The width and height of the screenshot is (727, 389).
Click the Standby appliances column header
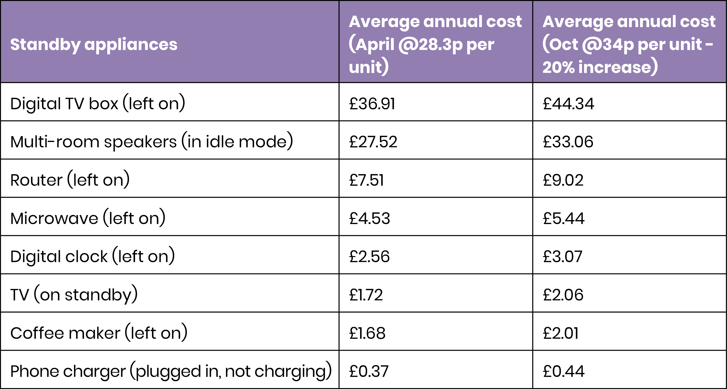(94, 45)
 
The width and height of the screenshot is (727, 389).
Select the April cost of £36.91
(372, 104)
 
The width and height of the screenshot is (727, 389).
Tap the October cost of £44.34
(568, 104)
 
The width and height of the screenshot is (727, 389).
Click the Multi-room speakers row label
(152, 142)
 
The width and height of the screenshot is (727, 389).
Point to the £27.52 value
(373, 142)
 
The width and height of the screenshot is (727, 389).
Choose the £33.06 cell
(568, 142)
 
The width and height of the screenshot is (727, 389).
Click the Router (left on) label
(70, 180)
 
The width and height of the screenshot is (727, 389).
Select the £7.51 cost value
(366, 180)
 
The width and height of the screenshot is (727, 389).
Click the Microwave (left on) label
(88, 218)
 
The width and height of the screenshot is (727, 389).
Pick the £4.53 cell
(369, 218)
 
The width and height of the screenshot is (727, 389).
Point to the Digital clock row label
(93, 256)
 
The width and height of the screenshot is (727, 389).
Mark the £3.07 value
(562, 256)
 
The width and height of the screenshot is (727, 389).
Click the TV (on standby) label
(74, 295)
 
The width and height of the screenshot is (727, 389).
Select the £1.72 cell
(366, 295)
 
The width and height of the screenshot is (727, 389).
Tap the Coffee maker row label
(99, 333)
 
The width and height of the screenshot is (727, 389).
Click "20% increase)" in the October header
(600, 67)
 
